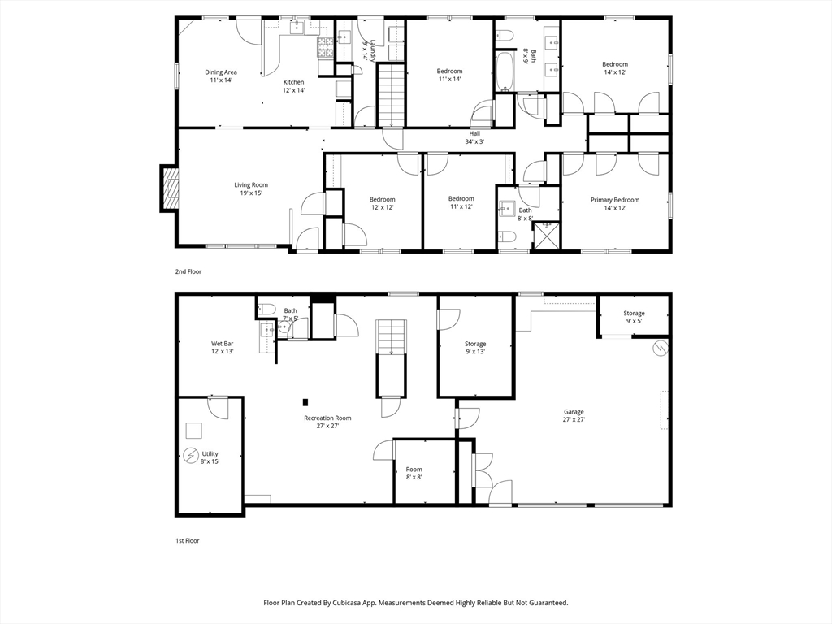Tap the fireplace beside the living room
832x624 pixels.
(x=170, y=188)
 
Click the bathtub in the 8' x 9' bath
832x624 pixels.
(x=504, y=71)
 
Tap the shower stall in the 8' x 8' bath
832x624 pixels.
(x=545, y=235)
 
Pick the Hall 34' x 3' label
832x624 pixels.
(x=474, y=137)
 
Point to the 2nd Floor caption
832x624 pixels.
(x=188, y=271)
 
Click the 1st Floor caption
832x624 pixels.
(x=188, y=540)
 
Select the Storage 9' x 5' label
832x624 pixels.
(x=634, y=317)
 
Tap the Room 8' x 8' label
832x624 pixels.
(x=414, y=473)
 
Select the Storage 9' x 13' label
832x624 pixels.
(x=475, y=348)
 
